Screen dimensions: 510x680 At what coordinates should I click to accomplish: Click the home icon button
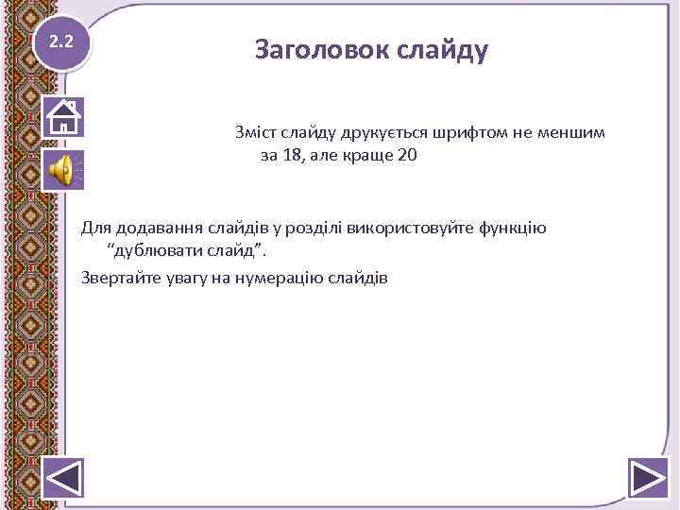click(63, 117)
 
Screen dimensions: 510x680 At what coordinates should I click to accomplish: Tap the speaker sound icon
click(63, 171)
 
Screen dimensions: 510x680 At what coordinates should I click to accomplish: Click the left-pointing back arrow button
click(64, 477)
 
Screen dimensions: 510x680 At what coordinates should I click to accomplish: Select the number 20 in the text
click(406, 156)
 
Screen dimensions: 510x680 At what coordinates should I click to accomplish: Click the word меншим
click(590, 131)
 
